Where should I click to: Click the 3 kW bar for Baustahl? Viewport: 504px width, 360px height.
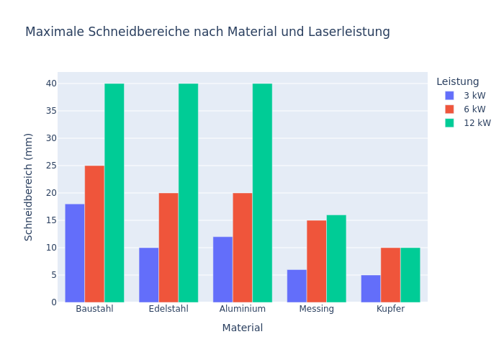tap(75, 253)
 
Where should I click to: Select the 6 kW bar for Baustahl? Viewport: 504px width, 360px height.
tap(94, 234)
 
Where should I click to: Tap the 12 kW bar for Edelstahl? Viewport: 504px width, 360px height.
tap(188, 193)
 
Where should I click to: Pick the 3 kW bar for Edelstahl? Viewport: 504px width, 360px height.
tap(149, 275)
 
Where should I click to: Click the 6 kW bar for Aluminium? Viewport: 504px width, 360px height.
tap(243, 248)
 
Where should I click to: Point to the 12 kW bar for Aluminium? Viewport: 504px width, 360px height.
tap(262, 193)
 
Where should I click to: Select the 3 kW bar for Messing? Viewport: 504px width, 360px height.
tap(297, 286)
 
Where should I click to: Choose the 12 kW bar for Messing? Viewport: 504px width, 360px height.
tap(336, 258)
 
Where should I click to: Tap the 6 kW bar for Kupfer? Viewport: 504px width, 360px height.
tap(390, 275)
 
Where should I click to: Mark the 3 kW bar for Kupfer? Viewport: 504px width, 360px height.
tap(371, 289)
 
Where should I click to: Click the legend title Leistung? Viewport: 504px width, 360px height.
tap(457, 82)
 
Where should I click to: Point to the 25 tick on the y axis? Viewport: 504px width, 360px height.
tap(51, 166)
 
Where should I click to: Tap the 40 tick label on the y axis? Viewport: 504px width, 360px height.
tap(51, 84)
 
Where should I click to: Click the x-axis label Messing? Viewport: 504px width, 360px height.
tap(317, 309)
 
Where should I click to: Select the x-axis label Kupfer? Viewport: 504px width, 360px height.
tap(390, 309)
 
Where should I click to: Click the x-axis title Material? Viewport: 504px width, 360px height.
tap(243, 328)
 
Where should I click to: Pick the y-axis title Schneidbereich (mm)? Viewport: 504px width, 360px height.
tap(29, 186)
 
